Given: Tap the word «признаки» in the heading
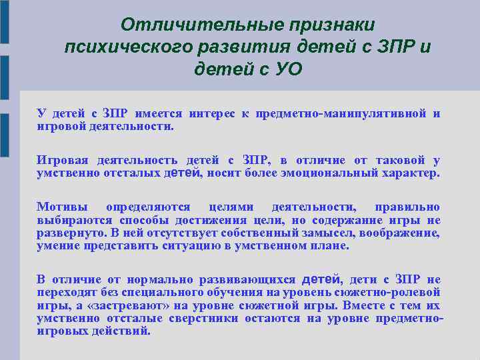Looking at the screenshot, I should (331, 25).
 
